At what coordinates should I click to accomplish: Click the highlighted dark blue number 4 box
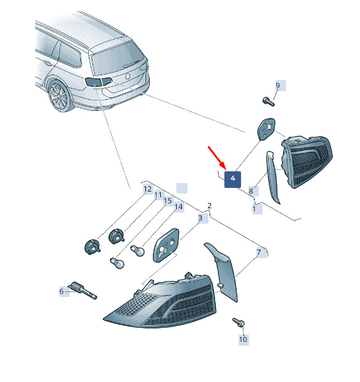point(232,179)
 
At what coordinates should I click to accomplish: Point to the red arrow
point(217,158)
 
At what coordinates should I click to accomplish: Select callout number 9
point(277,86)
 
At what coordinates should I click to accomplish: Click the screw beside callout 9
point(269,101)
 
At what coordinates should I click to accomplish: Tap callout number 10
point(243,339)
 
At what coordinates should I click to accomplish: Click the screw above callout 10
point(239,322)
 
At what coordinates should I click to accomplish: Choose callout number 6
point(62,291)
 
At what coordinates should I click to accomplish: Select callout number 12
point(148,189)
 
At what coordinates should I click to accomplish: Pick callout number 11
point(158,195)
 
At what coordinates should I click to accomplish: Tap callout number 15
point(168,201)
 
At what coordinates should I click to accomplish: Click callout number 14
point(179,207)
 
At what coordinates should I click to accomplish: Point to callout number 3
point(200,217)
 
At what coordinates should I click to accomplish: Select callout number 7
point(259,253)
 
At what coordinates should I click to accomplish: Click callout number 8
point(251,191)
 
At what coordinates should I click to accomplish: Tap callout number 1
point(254,209)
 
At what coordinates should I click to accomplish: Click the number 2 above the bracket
point(210,206)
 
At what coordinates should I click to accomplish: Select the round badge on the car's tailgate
point(128,76)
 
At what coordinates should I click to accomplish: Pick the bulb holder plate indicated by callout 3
point(166,245)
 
